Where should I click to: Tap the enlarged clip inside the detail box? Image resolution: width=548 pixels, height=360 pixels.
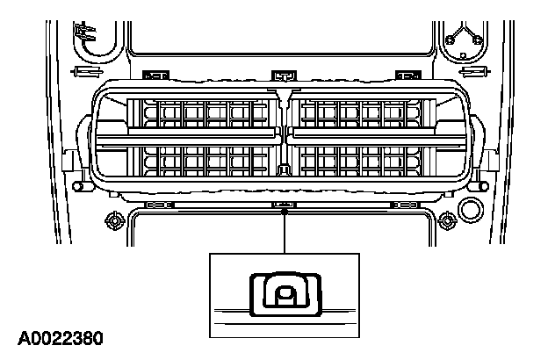tap(284, 293)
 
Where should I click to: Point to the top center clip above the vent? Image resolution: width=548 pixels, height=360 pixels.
tap(283, 73)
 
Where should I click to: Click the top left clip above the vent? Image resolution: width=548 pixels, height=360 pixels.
tap(159, 73)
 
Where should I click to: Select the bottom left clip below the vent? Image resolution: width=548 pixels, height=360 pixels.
tap(159, 205)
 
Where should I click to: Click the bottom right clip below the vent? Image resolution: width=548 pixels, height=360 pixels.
tap(406, 205)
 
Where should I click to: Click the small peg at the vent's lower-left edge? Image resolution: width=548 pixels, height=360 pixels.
tap(79, 188)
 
